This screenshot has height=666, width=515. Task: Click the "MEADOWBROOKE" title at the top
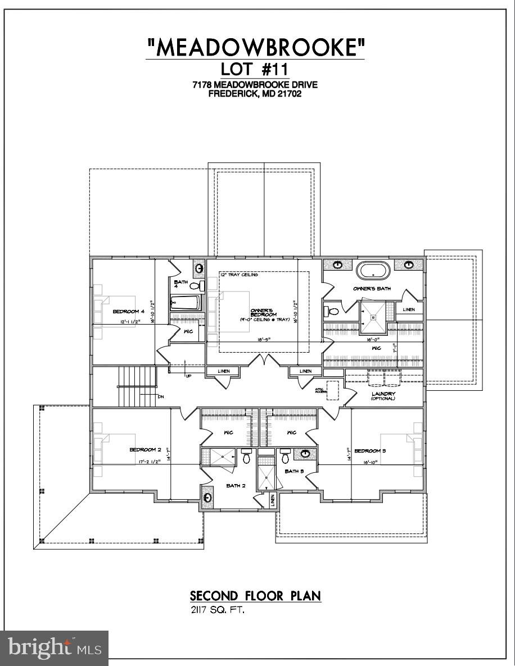pos(255,48)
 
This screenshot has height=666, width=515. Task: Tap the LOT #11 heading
pos(255,71)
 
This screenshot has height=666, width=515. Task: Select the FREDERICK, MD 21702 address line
pos(255,94)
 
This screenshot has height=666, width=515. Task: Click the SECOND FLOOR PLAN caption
pos(255,596)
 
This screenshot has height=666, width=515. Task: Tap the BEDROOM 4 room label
pos(128,312)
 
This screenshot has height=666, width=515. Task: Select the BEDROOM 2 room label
pos(145,450)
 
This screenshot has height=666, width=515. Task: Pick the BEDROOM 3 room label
pos(370,451)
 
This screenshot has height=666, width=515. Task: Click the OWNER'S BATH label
pos(372,289)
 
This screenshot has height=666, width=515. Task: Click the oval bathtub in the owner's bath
pos(373,271)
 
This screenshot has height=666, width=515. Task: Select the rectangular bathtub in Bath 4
pos(185,304)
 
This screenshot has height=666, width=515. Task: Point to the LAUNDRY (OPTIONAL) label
pos(383,396)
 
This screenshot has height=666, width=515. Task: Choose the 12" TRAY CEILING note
pos(239,275)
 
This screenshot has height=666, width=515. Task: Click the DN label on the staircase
pos(160,396)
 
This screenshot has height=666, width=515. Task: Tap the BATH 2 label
pos(236,486)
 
